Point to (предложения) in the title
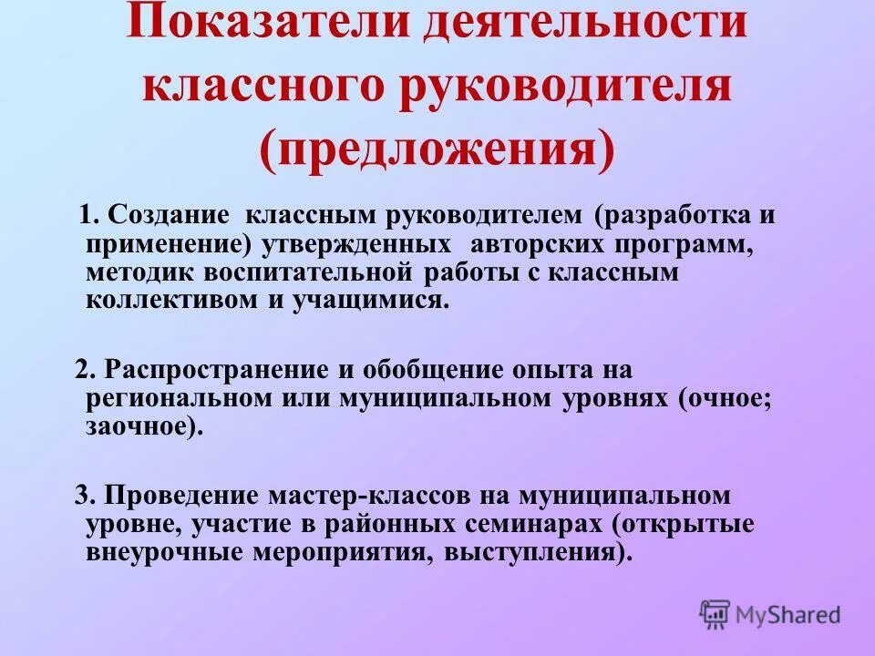[437, 149]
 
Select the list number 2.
[85, 370]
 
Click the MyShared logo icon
[715, 613]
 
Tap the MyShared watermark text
[789, 615]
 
